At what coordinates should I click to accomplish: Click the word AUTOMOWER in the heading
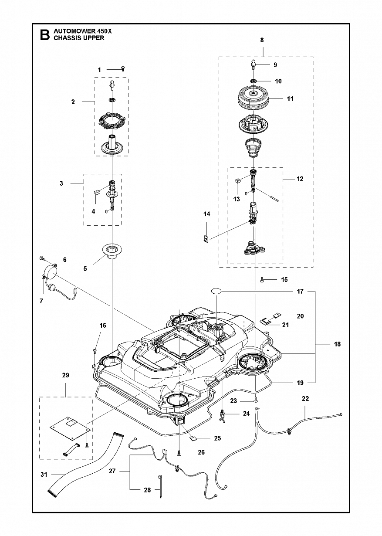(71, 31)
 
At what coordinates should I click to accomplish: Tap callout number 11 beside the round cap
(290, 99)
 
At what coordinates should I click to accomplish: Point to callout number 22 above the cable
(305, 398)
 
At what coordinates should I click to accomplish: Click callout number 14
(206, 214)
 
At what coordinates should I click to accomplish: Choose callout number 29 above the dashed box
(66, 375)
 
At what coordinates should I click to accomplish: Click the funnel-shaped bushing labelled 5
(111, 251)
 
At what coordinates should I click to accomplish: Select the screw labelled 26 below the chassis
(179, 453)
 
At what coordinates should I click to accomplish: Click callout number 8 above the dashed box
(262, 40)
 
